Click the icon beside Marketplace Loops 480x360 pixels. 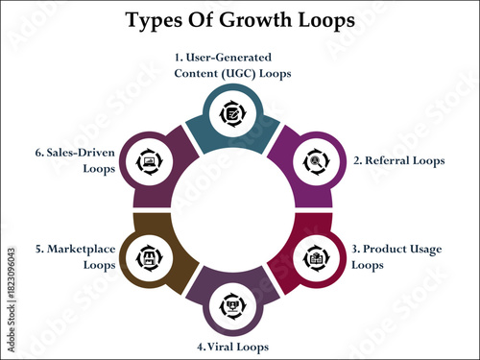point(148,257)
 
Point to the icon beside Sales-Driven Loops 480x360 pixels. point(148,161)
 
